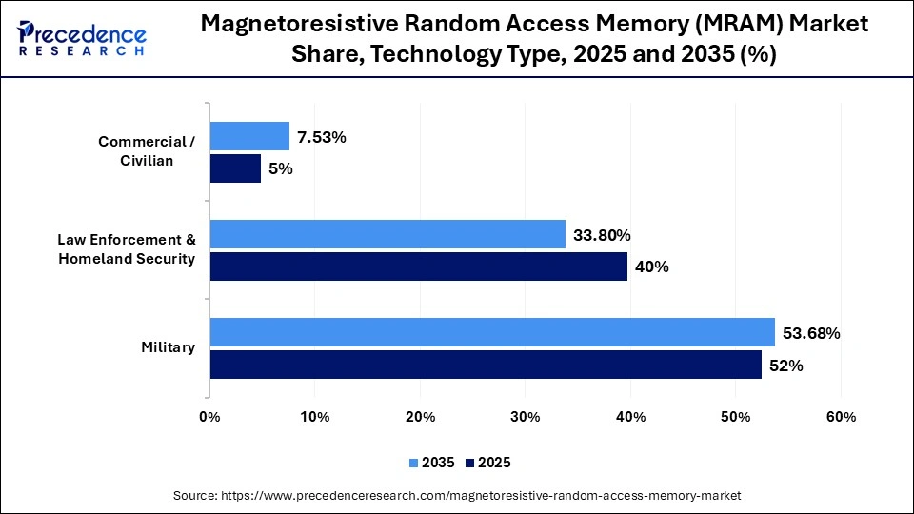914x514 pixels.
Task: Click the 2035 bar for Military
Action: point(492,332)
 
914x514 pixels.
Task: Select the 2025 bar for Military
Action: point(486,365)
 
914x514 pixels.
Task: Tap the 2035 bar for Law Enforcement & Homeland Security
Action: point(387,234)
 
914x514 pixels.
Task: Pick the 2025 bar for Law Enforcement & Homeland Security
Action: point(419,267)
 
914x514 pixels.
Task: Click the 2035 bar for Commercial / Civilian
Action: point(249,136)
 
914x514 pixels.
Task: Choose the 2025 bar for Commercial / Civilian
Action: point(235,168)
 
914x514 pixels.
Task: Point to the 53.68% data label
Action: point(810,333)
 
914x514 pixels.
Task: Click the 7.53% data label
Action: point(322,137)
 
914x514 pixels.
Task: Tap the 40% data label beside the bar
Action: point(652,267)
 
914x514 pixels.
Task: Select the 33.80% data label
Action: point(602,235)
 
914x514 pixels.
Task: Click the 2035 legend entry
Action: point(434,463)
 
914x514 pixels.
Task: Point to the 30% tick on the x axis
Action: point(526,417)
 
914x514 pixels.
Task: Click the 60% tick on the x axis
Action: point(841,417)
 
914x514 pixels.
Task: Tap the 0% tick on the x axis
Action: point(209,417)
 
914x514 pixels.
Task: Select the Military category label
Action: point(169,347)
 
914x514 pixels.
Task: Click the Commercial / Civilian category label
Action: point(147,151)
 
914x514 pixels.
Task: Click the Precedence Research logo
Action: point(82,39)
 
